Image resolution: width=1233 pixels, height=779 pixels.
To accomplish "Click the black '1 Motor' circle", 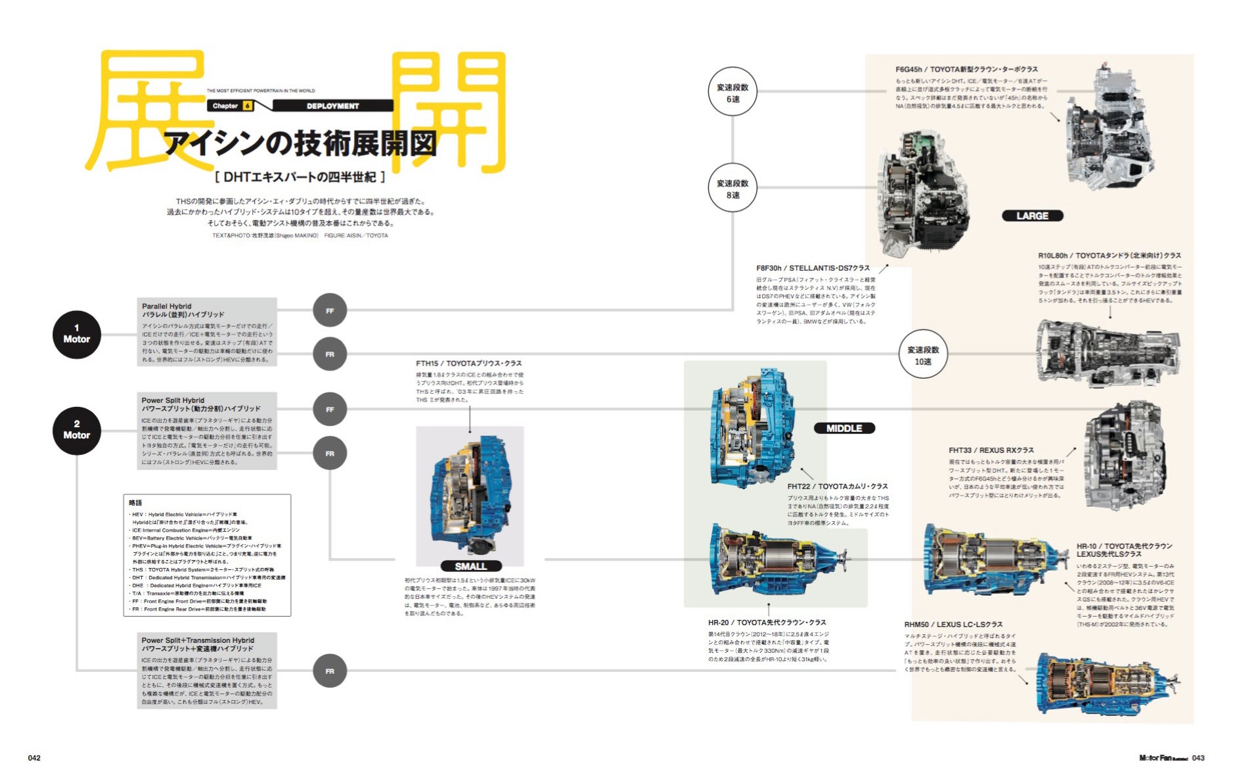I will [77, 335].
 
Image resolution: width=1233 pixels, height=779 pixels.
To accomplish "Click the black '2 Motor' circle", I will [77, 431].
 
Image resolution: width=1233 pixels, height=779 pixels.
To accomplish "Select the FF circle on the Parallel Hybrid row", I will [330, 310].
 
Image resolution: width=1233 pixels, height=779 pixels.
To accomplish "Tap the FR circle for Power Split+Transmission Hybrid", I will [330, 671].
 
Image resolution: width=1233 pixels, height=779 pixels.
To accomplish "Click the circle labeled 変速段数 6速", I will [732, 92].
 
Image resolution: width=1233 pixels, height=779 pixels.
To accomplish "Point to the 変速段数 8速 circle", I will [732, 188].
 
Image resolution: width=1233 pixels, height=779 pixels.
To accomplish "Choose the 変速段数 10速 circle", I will [923, 355].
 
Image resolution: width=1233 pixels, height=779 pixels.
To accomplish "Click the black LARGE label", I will [1032, 216].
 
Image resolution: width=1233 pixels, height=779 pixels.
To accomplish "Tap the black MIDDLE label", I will [844, 428].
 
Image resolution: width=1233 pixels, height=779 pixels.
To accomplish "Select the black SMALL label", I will [471, 566].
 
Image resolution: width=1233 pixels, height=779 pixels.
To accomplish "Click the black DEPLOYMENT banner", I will [332, 106].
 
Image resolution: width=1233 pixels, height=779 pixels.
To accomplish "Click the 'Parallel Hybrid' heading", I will [167, 306].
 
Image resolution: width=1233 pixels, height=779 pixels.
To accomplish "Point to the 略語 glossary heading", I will [135, 503].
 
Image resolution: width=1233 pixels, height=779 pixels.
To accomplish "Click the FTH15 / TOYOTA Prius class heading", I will [468, 363].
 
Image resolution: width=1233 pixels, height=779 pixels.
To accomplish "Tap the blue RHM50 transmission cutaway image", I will [1107, 684].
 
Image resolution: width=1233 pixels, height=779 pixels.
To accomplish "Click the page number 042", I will [34, 758].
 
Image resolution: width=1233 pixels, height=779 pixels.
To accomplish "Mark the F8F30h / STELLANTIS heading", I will [813, 268].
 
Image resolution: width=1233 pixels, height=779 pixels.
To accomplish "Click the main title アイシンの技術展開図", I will [300, 143].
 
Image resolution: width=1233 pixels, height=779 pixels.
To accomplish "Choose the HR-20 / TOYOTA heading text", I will [767, 623].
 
